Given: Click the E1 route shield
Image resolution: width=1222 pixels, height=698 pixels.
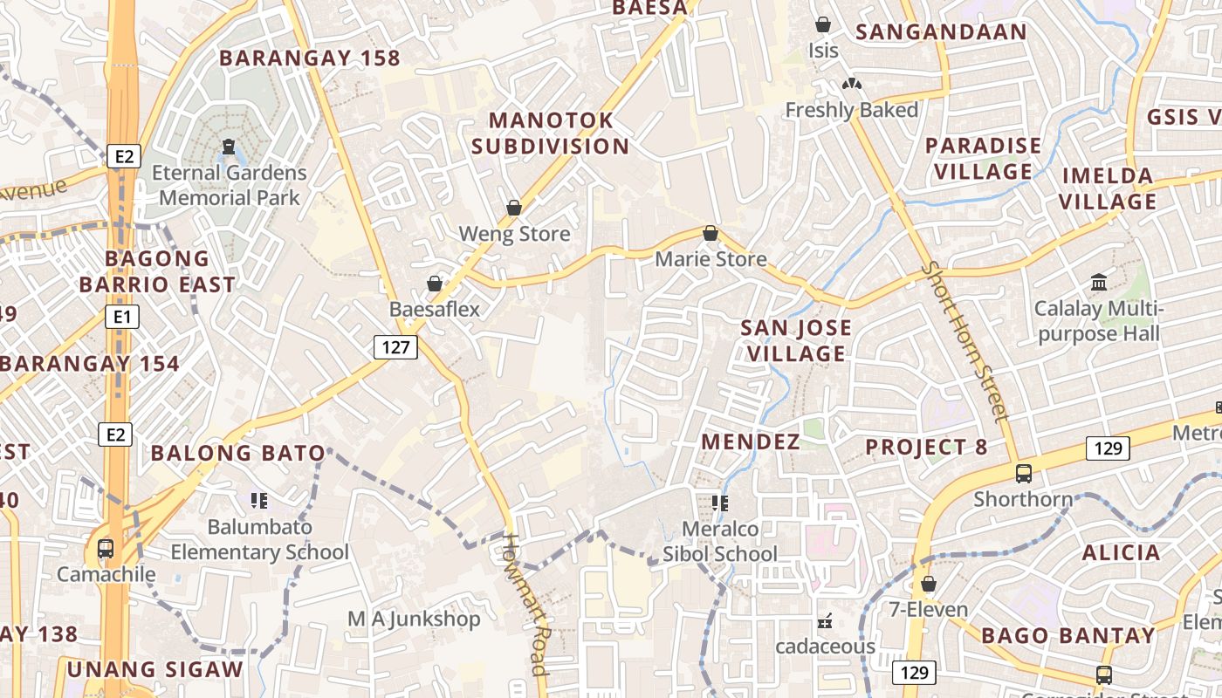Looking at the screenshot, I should click(x=121, y=317).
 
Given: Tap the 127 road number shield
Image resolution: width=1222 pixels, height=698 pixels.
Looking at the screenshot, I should click(x=395, y=347).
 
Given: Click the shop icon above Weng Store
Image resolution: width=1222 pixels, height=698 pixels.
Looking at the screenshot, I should click(x=514, y=208).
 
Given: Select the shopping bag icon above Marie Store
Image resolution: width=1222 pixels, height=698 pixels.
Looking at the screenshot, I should click(x=711, y=233).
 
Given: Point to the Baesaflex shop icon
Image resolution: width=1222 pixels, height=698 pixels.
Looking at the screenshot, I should click(x=434, y=284).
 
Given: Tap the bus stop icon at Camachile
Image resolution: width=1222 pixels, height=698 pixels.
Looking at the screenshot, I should click(x=106, y=549).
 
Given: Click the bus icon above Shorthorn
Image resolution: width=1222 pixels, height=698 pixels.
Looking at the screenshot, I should click(x=1023, y=474).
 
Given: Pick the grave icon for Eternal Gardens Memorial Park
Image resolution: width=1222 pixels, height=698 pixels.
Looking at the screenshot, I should click(x=229, y=146).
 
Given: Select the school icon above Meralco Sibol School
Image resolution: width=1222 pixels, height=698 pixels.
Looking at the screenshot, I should click(x=719, y=503).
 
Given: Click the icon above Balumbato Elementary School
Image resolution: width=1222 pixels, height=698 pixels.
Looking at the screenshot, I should click(x=258, y=500).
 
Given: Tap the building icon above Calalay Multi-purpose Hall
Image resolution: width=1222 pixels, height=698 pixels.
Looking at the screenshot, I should click(x=1098, y=283).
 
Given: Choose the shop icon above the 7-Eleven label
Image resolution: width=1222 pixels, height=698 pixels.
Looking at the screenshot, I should click(x=929, y=584).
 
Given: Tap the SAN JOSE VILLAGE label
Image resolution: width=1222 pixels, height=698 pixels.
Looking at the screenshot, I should click(x=795, y=340).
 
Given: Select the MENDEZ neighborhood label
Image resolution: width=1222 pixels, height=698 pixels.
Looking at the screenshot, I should click(x=751, y=442).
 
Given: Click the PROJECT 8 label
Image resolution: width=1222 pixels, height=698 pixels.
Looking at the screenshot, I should click(x=926, y=448).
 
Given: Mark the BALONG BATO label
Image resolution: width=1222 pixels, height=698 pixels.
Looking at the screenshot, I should click(x=237, y=453).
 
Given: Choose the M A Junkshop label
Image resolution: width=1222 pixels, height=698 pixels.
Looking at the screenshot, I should click(x=414, y=619).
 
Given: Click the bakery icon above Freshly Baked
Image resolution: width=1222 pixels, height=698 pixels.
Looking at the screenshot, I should click(x=851, y=84).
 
